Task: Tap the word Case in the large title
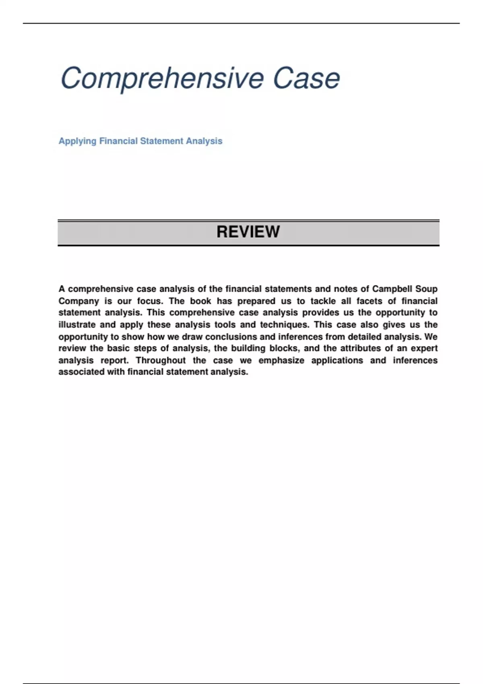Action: [306, 78]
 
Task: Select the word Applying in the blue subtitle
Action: [77, 141]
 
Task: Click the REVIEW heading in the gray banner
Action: [248, 232]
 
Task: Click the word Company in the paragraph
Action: [78, 301]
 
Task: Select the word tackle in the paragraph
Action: [323, 301]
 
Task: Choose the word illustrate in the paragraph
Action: [76, 325]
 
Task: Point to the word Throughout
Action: [161, 361]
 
